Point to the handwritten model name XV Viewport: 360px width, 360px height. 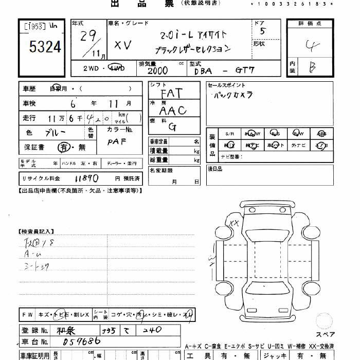tap(122, 45)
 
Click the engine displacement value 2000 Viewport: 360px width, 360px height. tap(157, 71)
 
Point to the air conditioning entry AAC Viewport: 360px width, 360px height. tap(172, 110)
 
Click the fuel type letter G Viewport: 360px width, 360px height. tap(172, 127)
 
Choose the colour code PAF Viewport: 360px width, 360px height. tap(117, 141)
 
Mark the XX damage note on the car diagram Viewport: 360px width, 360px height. tap(234, 223)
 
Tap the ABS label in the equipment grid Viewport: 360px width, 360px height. tap(321, 133)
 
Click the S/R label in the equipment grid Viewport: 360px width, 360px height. tap(229, 133)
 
